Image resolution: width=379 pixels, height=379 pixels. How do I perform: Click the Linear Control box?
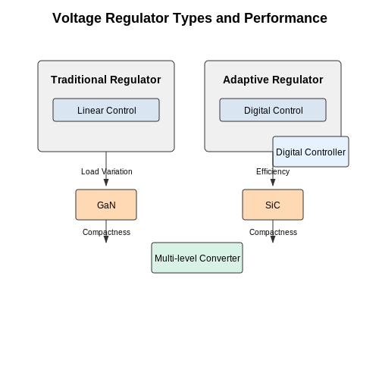click(106, 110)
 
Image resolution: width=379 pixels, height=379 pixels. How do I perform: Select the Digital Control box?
click(273, 110)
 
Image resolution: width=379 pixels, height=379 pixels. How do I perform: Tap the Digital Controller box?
click(311, 152)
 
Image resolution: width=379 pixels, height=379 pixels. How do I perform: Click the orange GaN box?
click(106, 205)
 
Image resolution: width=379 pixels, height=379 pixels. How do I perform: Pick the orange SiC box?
click(273, 205)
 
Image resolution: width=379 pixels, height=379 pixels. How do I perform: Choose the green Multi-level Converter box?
click(197, 258)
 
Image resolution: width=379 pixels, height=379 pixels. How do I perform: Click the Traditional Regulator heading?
click(106, 80)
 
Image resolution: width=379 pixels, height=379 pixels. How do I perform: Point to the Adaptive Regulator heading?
click(273, 80)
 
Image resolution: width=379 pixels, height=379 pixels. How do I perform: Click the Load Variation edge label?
click(107, 171)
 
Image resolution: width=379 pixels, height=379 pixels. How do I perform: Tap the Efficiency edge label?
click(273, 171)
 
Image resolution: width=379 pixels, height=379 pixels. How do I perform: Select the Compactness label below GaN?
click(106, 232)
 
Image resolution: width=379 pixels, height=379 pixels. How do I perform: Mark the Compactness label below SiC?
click(273, 232)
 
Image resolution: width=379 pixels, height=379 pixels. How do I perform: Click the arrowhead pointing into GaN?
click(106, 183)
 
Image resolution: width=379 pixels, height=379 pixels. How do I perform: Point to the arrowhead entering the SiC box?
click(273, 183)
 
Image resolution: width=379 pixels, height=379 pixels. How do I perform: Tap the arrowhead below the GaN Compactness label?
click(106, 240)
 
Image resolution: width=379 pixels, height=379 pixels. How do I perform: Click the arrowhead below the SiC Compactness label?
click(273, 240)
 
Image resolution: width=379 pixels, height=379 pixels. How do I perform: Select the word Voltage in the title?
click(77, 18)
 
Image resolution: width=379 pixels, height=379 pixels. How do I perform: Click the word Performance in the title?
click(286, 18)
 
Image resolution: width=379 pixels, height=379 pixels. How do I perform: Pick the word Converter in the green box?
click(220, 258)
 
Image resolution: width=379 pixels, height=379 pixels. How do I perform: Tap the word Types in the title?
click(193, 18)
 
